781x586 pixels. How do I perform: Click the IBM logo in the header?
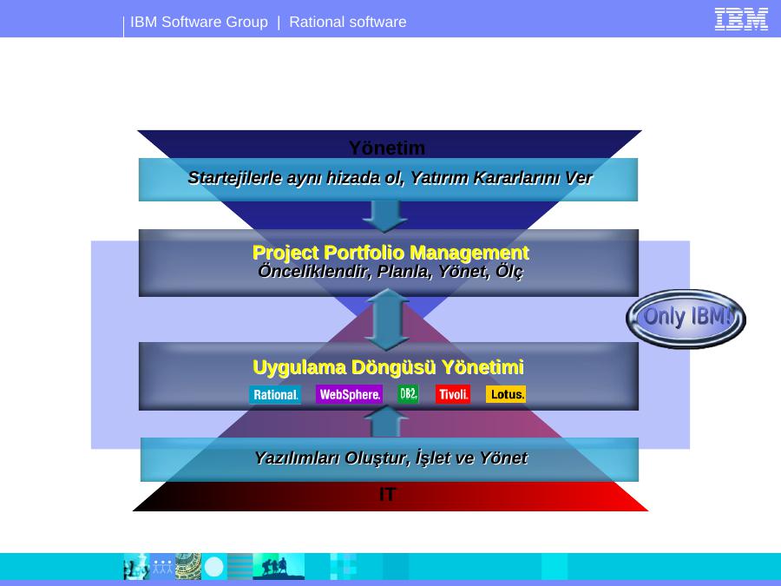[x=741, y=19]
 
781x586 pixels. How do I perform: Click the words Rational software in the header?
[x=348, y=22]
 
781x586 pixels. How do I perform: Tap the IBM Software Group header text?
[x=199, y=22]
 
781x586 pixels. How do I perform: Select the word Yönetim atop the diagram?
[x=387, y=148]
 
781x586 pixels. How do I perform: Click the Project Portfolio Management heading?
[x=390, y=253]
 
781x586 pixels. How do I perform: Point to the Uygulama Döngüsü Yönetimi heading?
[x=388, y=367]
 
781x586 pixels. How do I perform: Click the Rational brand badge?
[x=275, y=395]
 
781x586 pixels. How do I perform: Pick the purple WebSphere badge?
[x=349, y=394]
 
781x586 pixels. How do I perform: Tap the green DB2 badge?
[x=408, y=393]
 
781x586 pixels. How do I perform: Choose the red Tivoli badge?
[x=453, y=394]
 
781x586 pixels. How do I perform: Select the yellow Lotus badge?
[x=506, y=394]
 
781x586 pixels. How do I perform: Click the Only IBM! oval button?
[x=686, y=319]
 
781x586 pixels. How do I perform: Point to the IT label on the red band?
[x=387, y=494]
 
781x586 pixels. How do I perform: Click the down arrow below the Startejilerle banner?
[x=385, y=216]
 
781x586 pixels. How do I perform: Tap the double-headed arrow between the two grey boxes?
[x=386, y=319]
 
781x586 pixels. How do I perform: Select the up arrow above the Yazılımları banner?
[x=386, y=422]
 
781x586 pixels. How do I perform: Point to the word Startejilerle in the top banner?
[x=234, y=178]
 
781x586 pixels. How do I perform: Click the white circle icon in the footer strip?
[x=214, y=567]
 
